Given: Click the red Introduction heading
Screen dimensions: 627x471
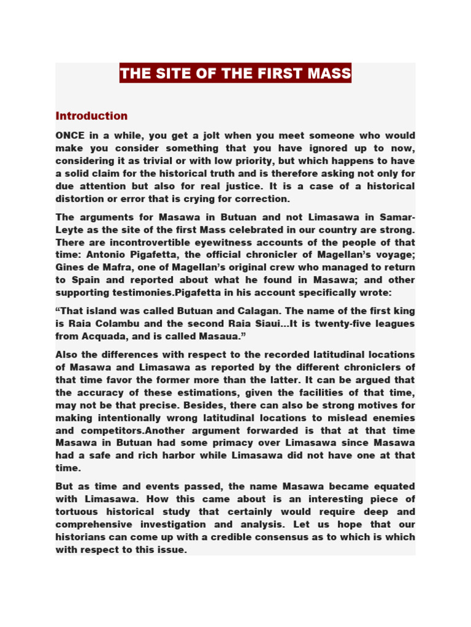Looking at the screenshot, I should (91, 116).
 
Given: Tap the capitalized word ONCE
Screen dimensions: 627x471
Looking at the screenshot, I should (71, 135).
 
